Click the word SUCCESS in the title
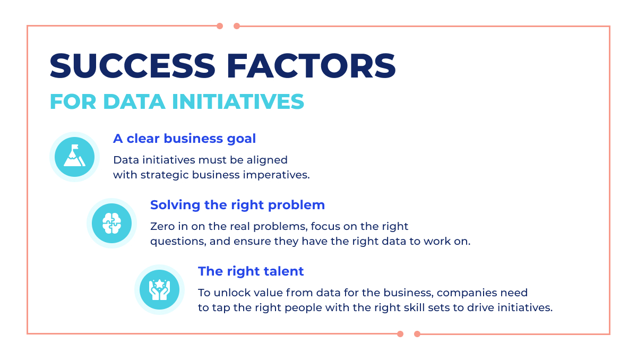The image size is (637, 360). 133,66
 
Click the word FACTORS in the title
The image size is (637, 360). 311,66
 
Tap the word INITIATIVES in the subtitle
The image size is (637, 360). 238,101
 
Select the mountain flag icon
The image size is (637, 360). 74,157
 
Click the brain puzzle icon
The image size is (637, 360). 112,223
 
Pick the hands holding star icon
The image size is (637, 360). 160,289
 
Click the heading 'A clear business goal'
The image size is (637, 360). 185,139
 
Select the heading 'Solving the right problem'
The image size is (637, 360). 237,205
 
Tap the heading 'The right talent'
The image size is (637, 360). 251,271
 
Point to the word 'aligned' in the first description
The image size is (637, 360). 267,160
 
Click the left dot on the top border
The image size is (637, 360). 220,26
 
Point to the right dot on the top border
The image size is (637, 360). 237,26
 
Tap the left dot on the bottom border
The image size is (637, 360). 400,334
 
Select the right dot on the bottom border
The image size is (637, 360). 417,334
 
